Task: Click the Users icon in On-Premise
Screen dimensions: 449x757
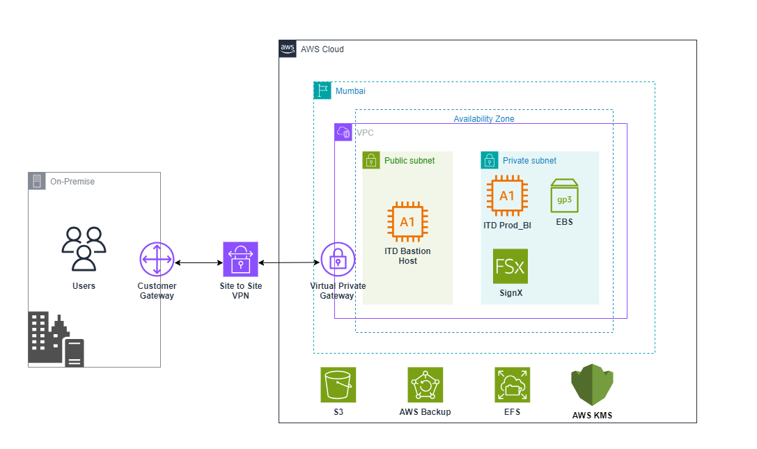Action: tap(84, 249)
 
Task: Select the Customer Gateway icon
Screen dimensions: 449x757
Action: tap(157, 260)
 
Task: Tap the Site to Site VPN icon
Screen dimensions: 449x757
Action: tap(240, 260)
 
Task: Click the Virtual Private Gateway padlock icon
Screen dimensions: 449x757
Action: tap(338, 260)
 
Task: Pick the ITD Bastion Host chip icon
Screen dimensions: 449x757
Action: tap(407, 222)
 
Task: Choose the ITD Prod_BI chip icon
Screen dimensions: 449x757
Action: tap(507, 196)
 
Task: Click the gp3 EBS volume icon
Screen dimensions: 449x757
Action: tap(564, 196)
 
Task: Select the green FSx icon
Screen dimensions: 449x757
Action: tap(510, 266)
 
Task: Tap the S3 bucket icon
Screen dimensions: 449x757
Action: tap(338, 385)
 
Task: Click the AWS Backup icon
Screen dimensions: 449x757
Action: tap(425, 385)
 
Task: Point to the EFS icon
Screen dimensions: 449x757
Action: tap(512, 385)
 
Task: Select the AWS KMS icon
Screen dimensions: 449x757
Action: tap(592, 385)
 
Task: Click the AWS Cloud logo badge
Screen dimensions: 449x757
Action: tap(288, 49)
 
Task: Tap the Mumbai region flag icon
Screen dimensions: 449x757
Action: tap(322, 90)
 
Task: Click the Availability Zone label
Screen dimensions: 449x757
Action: tap(484, 119)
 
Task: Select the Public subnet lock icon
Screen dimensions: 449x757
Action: tap(370, 160)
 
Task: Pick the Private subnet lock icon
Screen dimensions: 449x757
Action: tap(490, 160)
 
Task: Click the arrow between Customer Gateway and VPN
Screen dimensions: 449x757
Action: tap(198, 263)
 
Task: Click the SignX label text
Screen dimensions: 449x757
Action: tap(510, 293)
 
